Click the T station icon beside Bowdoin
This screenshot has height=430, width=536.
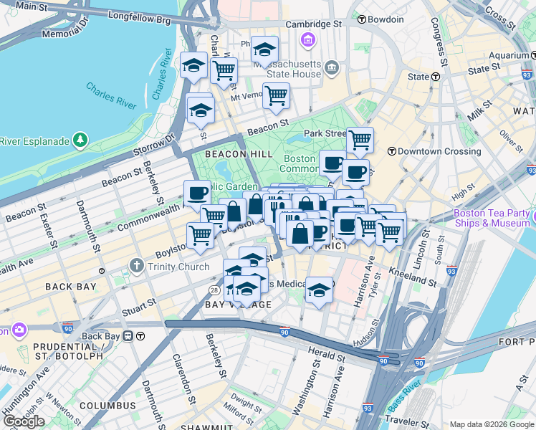point(363,19)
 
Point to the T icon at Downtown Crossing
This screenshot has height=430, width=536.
point(391,151)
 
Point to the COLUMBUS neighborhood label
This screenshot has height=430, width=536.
point(107,406)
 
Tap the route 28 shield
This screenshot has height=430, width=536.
point(214,290)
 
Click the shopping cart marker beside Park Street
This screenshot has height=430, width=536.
point(360,139)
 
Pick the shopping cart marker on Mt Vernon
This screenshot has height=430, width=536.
point(276,95)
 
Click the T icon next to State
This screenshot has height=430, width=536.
point(435,77)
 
